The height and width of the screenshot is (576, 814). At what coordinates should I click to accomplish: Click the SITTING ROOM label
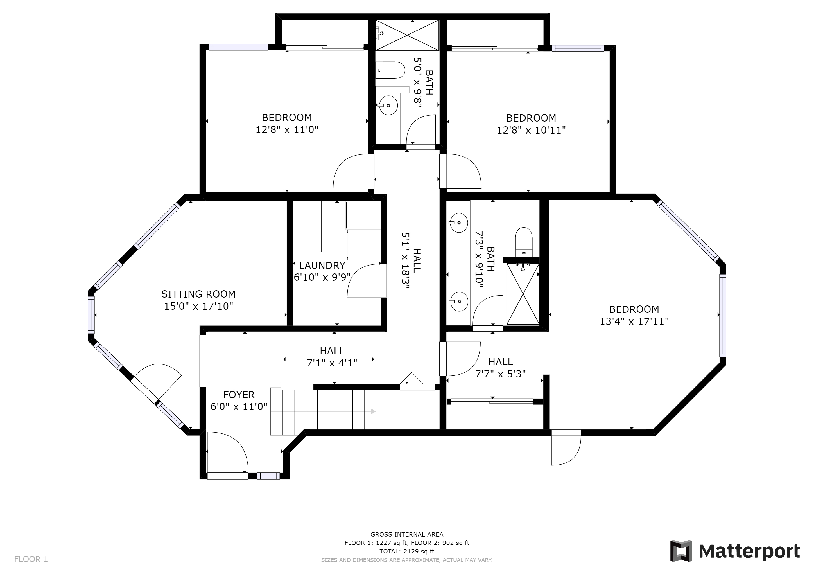198,294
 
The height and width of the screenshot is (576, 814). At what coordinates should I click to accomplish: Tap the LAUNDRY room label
322,265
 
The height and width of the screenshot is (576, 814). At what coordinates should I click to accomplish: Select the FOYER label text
239,395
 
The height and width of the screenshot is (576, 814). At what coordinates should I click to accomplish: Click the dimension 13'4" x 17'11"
634,321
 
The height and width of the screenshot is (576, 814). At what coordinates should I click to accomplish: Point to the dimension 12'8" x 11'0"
287,129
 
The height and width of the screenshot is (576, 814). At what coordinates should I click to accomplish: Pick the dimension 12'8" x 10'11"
531,130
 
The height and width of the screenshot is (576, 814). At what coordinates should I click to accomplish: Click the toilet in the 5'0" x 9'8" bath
390,70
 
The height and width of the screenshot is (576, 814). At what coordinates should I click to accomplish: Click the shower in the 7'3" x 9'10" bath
523,294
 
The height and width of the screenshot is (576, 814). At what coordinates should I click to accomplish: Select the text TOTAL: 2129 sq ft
407,551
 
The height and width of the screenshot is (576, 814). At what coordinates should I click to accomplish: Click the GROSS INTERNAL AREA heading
407,534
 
